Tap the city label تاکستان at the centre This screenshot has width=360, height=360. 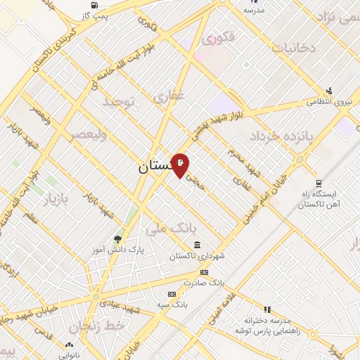(152, 167)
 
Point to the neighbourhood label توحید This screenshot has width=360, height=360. (117, 103)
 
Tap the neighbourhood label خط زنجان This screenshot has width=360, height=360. (105, 326)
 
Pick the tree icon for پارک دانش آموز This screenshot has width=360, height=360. (117, 240)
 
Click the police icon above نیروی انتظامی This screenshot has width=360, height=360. (328, 90)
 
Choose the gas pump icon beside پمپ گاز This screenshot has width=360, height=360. (86, 13)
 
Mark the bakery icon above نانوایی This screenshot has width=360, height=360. (69, 345)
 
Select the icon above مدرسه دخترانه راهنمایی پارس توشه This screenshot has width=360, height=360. (266, 309)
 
